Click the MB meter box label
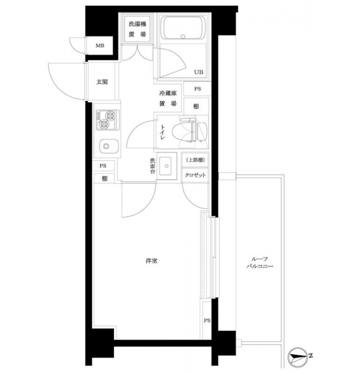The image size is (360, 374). (x=100, y=46)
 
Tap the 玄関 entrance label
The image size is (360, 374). (x=102, y=82)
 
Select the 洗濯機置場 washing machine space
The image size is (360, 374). (x=138, y=29)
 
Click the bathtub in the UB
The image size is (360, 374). (x=183, y=28)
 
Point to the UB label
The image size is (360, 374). (x=199, y=72)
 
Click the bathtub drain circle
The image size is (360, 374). (x=183, y=37)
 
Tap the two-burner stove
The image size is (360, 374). (x=108, y=120)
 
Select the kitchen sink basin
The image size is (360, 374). (x=108, y=146)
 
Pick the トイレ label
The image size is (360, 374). (x=163, y=132)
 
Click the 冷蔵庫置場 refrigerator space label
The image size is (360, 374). (x=168, y=98)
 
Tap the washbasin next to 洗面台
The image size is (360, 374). (x=166, y=166)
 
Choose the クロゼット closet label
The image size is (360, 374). (x=195, y=175)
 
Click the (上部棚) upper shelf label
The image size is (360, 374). (x=195, y=160)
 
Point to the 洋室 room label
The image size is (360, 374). (x=151, y=261)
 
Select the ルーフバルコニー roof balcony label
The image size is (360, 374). (x=260, y=262)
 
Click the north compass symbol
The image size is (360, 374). (x=298, y=357)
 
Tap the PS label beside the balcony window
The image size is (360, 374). (x=207, y=320)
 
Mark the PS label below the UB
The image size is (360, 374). (x=197, y=89)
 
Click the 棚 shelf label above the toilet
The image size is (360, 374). (x=196, y=107)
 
